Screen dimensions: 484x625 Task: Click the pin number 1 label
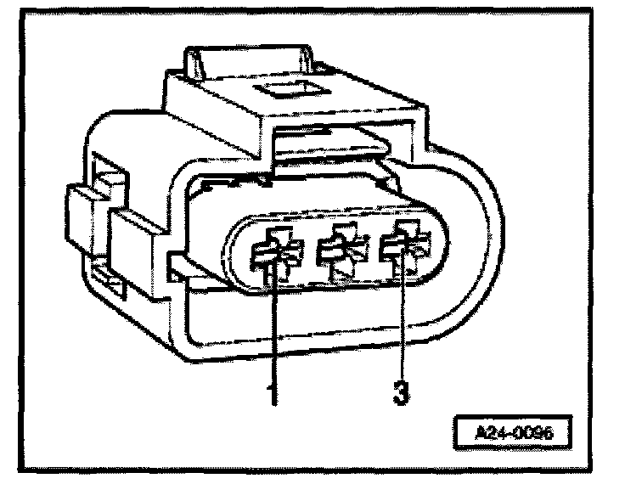(273, 395)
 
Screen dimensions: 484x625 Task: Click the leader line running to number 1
(273, 331)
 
